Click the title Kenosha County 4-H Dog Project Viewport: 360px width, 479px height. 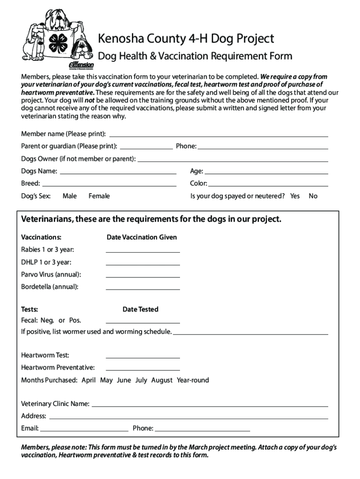coord(186,38)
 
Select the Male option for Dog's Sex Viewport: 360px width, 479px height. coord(70,196)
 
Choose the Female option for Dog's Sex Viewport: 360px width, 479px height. coord(99,196)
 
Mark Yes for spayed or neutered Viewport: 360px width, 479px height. coord(295,196)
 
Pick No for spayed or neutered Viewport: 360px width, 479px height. coord(313,196)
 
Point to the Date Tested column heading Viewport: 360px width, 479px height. coord(140,309)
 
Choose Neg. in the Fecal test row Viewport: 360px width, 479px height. coord(47,320)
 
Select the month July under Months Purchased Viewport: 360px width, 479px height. coord(141,380)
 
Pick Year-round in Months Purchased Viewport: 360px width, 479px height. coord(193,380)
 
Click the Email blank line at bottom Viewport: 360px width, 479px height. coord(84,429)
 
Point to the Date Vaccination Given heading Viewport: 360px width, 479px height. coord(142,237)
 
